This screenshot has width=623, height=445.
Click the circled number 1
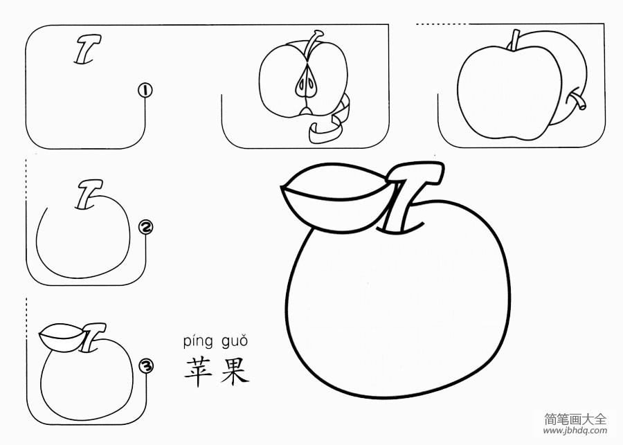[145, 90]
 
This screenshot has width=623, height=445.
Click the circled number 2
[146, 227]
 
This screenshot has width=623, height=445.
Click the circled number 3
[146, 366]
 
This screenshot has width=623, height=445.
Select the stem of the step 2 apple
[89, 194]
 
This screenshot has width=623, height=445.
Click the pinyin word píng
[197, 341]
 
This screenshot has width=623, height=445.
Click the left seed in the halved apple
[300, 85]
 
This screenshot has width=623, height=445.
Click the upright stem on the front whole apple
[514, 39]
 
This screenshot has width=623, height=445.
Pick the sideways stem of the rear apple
[577, 101]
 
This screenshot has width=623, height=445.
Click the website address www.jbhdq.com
[575, 430]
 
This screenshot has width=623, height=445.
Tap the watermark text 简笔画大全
[575, 418]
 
